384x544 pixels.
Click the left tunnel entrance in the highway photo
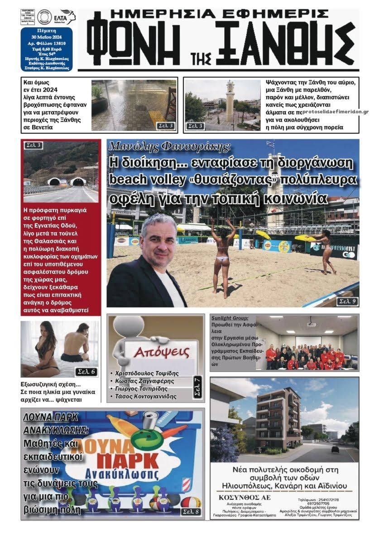tap(54, 182)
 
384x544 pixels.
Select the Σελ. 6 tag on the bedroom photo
tap(86, 372)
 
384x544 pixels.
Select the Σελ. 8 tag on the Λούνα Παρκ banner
tap(191, 512)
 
